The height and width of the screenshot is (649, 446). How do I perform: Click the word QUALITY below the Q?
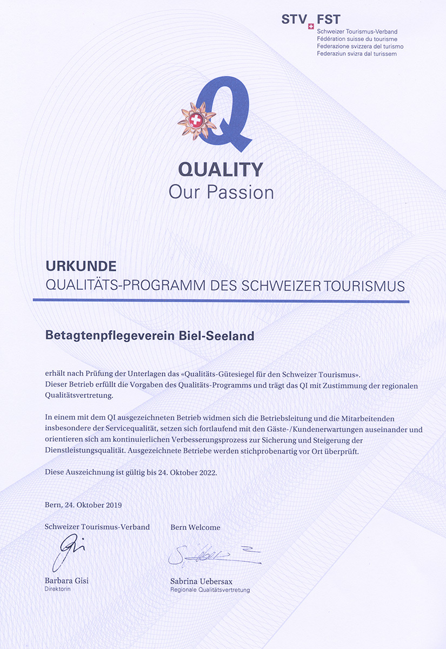click(x=221, y=169)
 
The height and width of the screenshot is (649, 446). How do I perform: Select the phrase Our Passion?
click(x=221, y=192)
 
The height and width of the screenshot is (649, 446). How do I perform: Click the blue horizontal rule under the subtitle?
click(x=221, y=301)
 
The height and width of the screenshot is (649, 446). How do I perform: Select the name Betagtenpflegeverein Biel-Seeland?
click(x=149, y=336)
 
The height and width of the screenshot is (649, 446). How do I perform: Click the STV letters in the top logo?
click(x=293, y=20)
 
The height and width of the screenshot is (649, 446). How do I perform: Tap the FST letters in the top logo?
click(x=329, y=20)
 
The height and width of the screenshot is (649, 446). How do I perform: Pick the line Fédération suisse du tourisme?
click(x=357, y=39)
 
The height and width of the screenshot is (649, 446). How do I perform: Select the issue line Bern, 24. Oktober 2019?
click(x=83, y=505)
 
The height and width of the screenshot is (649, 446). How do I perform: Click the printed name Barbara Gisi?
click(x=66, y=581)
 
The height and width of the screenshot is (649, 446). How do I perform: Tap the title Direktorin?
click(x=57, y=589)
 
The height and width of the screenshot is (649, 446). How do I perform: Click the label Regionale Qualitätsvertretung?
click(x=210, y=590)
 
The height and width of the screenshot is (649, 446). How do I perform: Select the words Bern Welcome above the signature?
click(x=195, y=527)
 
